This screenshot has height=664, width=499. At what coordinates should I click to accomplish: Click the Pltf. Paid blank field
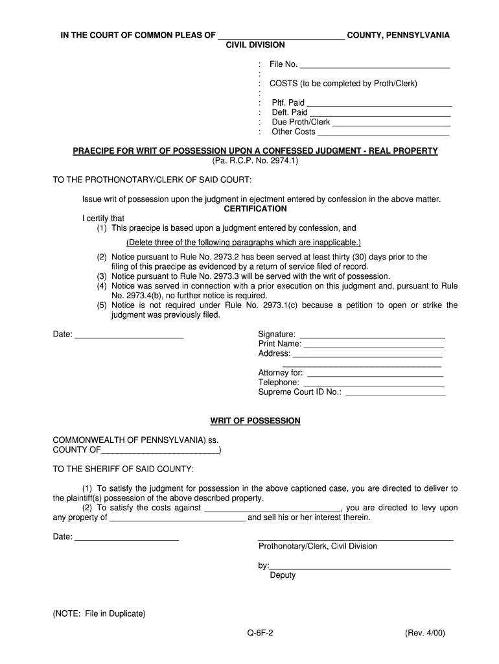tap(378, 104)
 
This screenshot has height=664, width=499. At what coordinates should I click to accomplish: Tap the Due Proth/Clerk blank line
tap(391, 123)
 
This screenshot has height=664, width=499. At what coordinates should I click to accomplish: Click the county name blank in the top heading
tap(281, 36)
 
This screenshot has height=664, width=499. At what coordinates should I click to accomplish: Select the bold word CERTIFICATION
tap(255, 209)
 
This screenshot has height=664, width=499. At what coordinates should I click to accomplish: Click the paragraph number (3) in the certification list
tap(102, 276)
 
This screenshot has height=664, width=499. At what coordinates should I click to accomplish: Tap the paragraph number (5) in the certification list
tap(102, 305)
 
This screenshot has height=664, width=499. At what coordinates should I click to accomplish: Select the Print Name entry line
tap(375, 346)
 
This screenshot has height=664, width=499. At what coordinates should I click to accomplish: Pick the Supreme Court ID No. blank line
tap(396, 394)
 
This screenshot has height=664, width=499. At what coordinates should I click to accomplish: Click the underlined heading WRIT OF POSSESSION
tap(255, 421)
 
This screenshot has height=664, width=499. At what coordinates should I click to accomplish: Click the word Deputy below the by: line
tap(283, 575)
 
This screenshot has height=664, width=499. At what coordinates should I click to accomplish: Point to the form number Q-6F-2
tap(255, 634)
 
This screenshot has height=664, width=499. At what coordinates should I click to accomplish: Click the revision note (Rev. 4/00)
tap(426, 634)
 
